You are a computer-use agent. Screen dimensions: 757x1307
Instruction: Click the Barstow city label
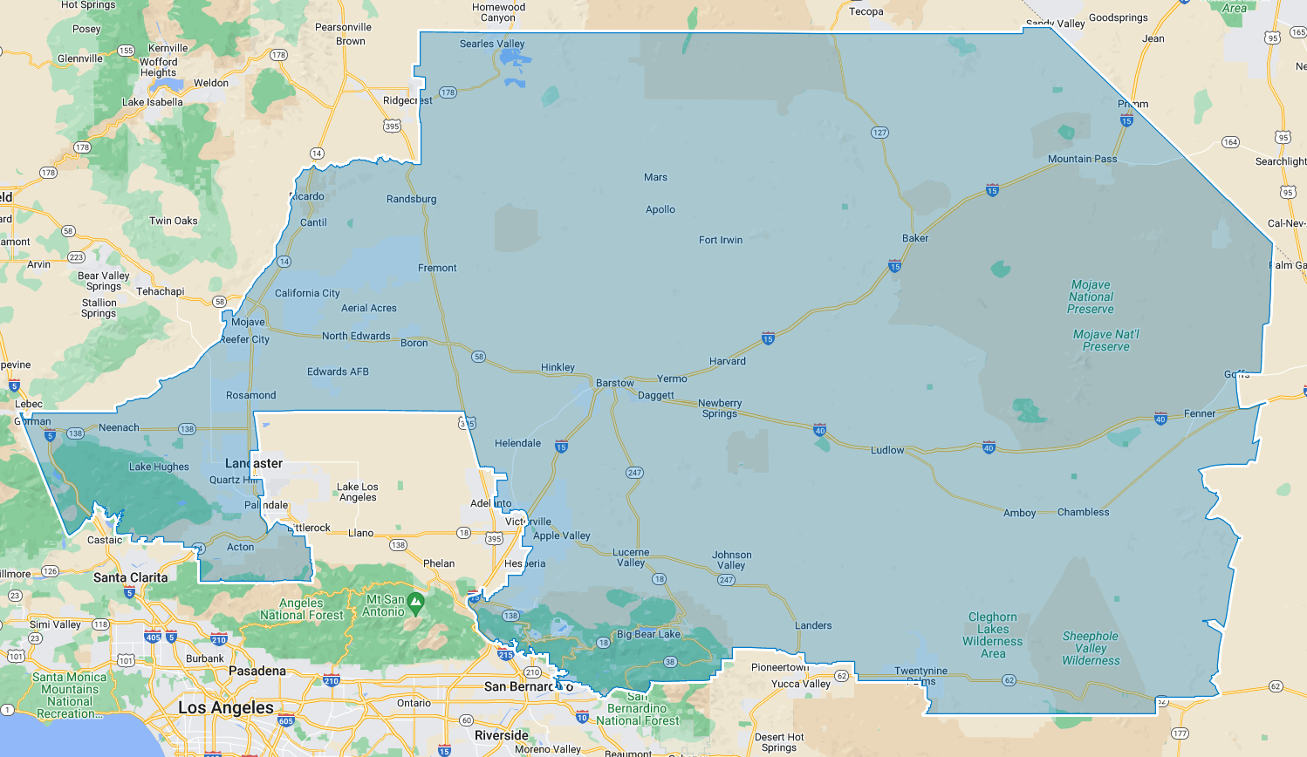point(614,383)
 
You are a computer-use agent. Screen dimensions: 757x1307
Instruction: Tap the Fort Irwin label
point(720,240)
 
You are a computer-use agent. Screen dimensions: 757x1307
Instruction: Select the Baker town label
point(914,238)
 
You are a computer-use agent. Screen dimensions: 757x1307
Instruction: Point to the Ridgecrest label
point(407,100)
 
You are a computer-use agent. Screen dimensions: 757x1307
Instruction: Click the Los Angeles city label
point(225,707)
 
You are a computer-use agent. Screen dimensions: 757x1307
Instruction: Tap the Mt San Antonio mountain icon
point(416,601)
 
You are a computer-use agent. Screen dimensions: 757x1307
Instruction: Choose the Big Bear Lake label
point(647,634)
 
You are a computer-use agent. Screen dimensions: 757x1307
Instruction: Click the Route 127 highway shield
point(879,133)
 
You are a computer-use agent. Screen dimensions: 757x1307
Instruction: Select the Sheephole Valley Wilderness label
point(1090,648)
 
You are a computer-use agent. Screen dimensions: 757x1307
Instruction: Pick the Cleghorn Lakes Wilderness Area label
point(992,635)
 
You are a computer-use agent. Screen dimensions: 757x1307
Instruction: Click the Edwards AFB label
point(338,372)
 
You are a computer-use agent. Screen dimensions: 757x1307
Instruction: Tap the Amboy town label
point(1019,513)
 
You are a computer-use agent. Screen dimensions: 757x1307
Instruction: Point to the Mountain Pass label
point(1082,159)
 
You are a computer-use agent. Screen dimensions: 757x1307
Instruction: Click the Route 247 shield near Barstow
point(634,473)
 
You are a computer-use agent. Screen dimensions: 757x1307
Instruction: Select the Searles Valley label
point(492,44)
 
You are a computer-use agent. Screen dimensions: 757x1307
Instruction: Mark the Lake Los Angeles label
point(358,492)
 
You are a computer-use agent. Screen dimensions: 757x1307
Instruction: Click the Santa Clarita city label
point(130,577)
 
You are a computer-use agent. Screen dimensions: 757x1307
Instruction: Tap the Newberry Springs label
point(720,408)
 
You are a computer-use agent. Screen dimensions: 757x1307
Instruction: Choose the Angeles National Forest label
point(302,609)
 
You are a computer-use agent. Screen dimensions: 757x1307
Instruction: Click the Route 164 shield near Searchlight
point(1230,142)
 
